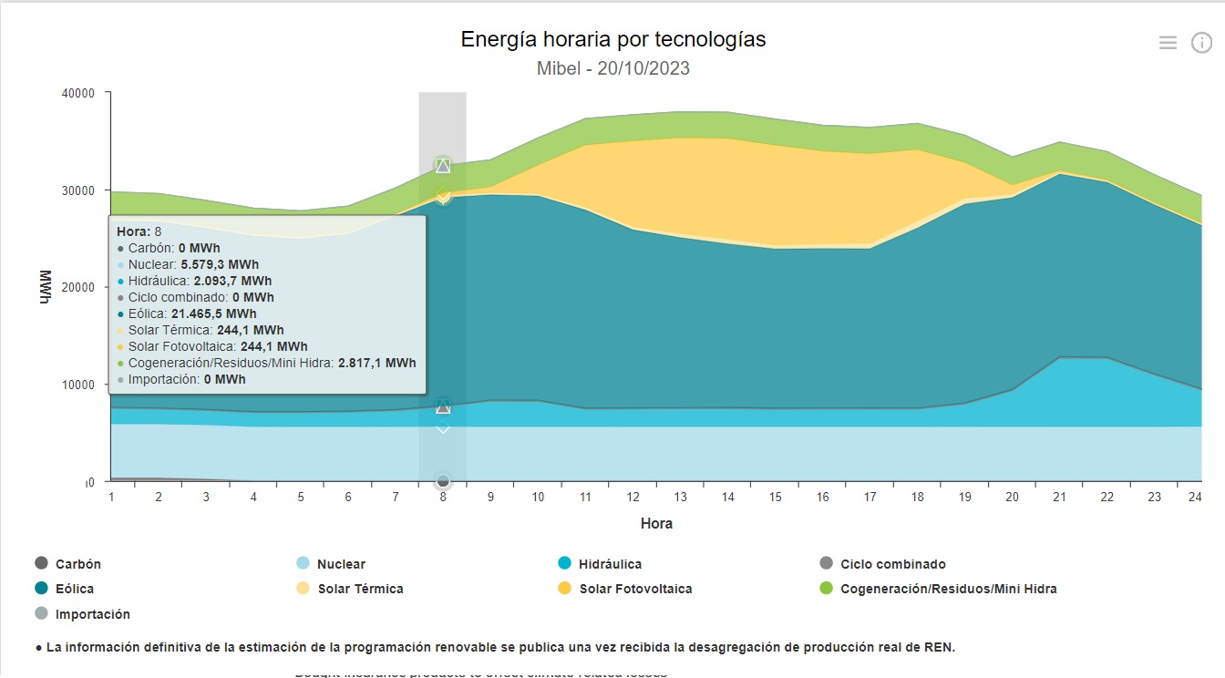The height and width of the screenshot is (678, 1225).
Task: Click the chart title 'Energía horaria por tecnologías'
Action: [612, 40]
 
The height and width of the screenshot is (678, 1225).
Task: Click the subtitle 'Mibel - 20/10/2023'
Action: [612, 68]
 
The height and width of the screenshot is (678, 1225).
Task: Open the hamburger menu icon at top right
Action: [1168, 43]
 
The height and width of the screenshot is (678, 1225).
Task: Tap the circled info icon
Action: [1201, 43]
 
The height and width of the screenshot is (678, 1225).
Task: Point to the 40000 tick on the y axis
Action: [78, 93]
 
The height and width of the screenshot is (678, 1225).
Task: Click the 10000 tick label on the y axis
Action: [78, 385]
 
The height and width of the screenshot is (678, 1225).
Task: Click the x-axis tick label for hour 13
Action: [680, 497]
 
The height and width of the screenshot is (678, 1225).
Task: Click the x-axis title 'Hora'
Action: [656, 524]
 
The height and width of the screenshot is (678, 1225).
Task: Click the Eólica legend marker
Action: [41, 589]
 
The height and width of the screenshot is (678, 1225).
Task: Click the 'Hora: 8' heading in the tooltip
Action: [139, 231]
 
